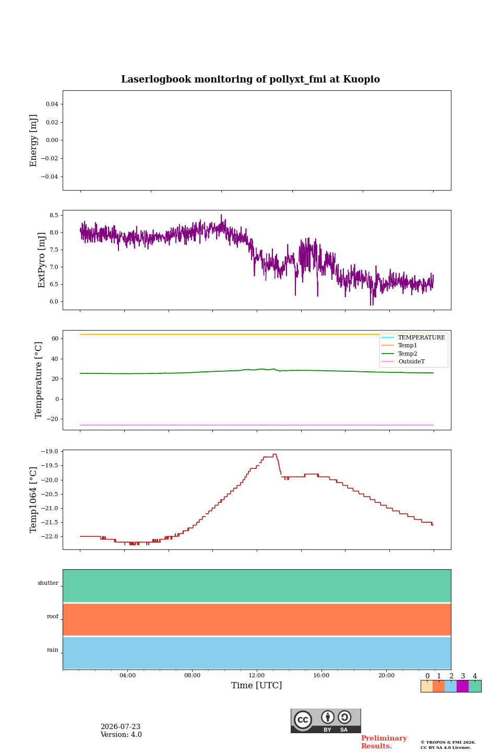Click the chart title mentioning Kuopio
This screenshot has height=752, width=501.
pos(250,79)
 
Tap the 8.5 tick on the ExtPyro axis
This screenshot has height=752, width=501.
pos(54,215)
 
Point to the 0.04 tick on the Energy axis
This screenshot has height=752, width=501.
pos(52,104)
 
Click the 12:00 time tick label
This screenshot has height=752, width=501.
pos(256,675)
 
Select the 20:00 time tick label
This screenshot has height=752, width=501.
pos(386,675)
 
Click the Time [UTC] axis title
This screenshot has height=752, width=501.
pos(256,685)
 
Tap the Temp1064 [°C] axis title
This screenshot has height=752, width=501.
pos(33,500)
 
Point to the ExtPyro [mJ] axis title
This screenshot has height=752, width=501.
pos(41,260)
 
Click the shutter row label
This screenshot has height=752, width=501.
pos(48,583)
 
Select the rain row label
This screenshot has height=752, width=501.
pos(52,650)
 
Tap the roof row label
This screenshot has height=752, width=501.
pos(53,616)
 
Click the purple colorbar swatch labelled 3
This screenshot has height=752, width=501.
pos(462,686)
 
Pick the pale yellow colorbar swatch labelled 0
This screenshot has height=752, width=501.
pos(427,686)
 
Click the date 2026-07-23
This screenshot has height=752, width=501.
pos(121,726)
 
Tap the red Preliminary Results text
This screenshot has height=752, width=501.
pos(384,742)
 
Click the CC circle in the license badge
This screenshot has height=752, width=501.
pos(303,720)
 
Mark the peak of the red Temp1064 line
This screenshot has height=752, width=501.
pos(275,454)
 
